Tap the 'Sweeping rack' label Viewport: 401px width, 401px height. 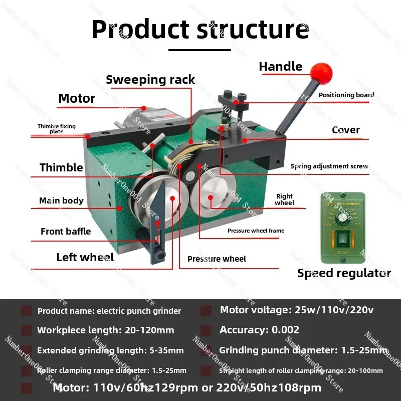pos(150,80)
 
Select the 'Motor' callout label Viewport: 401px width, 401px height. pos(77,98)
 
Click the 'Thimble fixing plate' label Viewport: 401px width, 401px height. pos(56,129)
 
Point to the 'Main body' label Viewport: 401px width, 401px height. pos(61,200)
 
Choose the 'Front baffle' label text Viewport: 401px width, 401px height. pos(66,231)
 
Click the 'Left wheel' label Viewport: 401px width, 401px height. pos(85,257)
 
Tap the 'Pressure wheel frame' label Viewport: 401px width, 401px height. pos(256,231)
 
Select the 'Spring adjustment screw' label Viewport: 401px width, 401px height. pos(329,166)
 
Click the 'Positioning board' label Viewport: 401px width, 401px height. pos(346,95)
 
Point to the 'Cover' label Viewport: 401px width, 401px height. pos(346,130)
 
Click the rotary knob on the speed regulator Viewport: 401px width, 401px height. pos(344,217)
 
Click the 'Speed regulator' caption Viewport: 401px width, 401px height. pos(344,273)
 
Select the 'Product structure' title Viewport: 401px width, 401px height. pos(200,29)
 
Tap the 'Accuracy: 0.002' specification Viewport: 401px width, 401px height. pos(259,330)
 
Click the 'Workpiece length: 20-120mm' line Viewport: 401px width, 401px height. pos(105,330)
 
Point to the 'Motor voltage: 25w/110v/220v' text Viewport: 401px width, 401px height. pos(297,310)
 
